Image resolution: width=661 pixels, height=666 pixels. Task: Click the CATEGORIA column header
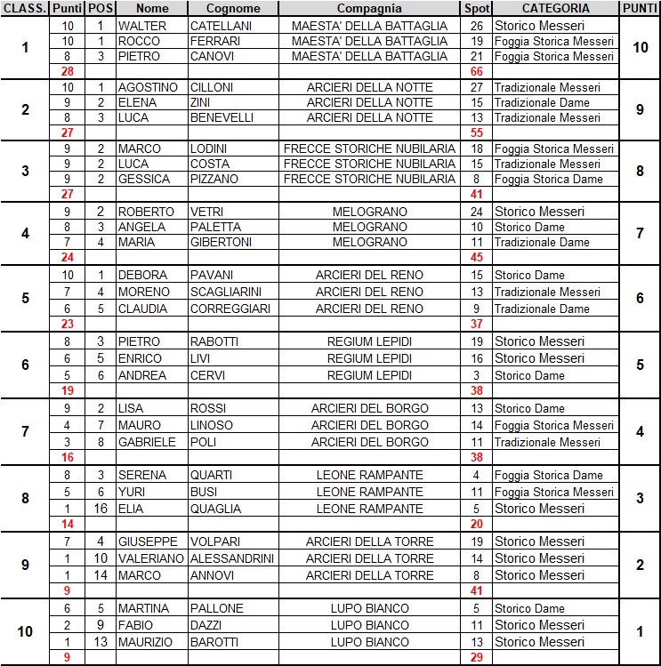555,8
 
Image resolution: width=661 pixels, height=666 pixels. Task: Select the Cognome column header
234,8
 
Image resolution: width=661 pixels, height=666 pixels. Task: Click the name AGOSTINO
148,87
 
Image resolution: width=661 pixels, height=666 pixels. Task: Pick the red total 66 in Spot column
476,70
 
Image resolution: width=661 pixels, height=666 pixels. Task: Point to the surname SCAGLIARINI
228,292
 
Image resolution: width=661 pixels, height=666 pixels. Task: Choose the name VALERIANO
151,558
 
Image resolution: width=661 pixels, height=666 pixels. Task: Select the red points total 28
68,70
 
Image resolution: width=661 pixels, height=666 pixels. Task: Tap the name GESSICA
144,179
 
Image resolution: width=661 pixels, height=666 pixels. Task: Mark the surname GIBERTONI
222,242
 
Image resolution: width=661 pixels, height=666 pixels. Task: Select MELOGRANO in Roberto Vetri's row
369,212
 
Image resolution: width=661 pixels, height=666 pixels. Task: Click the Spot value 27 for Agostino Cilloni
476,87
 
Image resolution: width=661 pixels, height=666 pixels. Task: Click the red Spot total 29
476,657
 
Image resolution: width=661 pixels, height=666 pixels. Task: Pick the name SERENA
142,475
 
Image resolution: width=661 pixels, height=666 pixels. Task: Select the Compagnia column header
369,8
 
